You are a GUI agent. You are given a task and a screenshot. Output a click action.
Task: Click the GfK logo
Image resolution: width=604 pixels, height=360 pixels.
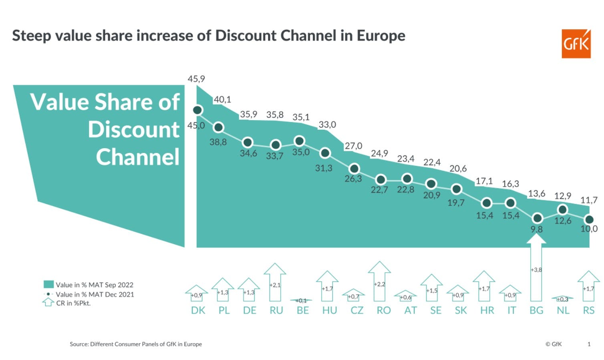point(576,44)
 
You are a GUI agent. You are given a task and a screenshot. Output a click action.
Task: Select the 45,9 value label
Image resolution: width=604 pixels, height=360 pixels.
point(196,79)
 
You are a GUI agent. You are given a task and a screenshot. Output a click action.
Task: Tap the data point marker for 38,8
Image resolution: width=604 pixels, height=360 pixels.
point(218,127)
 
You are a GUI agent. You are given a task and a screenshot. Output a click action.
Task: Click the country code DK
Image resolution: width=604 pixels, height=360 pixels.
point(198,310)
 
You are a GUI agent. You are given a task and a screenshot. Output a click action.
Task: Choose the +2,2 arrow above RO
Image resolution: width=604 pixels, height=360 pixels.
point(379,282)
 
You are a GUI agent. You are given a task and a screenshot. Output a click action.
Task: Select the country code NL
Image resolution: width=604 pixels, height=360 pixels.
point(563,310)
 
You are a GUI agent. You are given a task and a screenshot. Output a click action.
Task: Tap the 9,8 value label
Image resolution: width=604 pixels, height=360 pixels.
point(536,229)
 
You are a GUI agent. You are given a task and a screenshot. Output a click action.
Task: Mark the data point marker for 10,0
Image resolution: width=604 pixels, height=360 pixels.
point(589,219)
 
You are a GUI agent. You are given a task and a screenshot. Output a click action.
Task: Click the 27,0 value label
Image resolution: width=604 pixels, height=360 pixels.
point(353,146)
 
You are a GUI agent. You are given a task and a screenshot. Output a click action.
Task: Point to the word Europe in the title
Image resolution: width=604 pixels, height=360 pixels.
point(381,36)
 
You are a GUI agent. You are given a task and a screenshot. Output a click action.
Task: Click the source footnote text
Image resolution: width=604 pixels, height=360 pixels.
point(136,344)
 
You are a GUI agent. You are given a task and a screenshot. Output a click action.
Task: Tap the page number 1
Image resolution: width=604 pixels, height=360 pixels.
point(589,344)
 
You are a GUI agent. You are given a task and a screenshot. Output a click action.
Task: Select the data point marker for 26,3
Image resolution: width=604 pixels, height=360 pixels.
point(354,169)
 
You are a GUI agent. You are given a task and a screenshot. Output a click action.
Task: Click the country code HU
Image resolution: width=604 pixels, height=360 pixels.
point(330,310)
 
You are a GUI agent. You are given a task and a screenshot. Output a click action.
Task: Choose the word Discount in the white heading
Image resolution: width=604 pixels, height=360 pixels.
point(133,129)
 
